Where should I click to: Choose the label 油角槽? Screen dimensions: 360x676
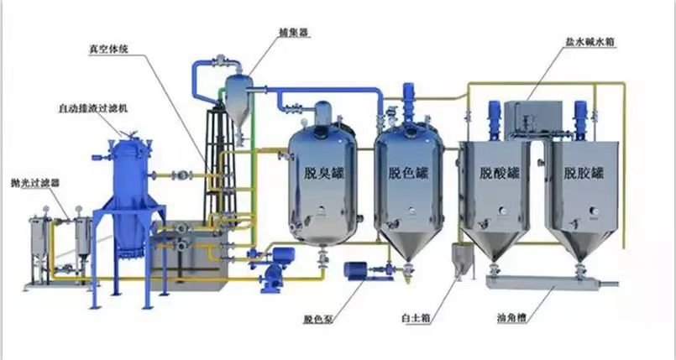click(x=511, y=320)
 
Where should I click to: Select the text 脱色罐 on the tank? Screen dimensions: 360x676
click(x=406, y=173)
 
